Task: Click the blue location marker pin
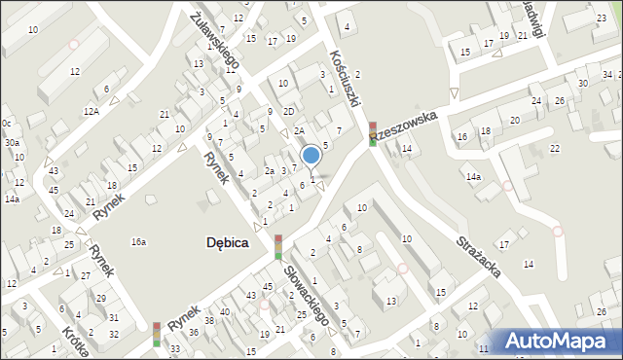pos(311,156)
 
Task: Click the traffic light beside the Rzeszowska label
pos(373,134)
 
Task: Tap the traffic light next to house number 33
pos(156,334)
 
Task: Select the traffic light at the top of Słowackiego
pos(278,247)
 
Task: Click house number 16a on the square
pos(139,241)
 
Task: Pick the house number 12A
pos(92,112)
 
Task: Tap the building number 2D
pos(289,111)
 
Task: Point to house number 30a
pos(11,142)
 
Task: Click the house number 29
pos(100,298)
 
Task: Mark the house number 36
pos(194,333)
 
